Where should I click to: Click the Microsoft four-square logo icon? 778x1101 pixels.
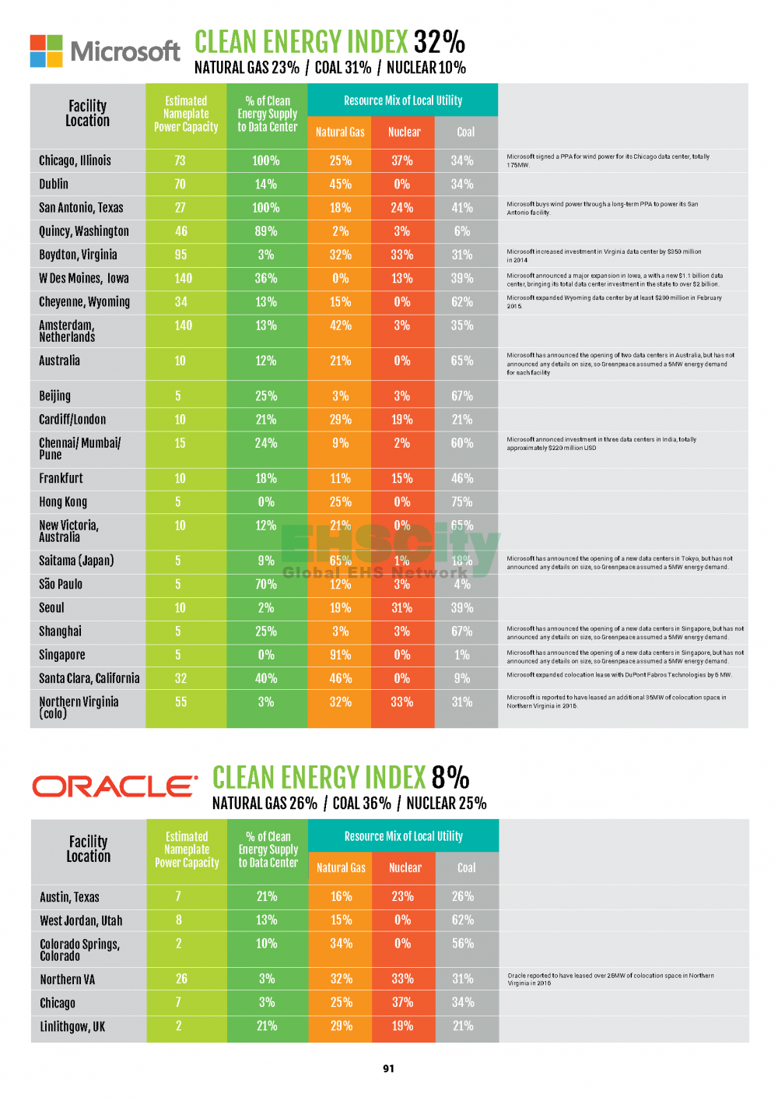pyautogui.click(x=47, y=51)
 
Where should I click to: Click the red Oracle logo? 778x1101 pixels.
pyautogui.click(x=114, y=786)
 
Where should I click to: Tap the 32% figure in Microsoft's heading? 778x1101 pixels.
pyautogui.click(x=439, y=41)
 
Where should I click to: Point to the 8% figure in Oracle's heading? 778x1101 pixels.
pyautogui.click(x=450, y=777)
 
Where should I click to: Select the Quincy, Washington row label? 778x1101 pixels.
pyautogui.click(x=84, y=231)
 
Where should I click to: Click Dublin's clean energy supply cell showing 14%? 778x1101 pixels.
pyautogui.click(x=266, y=185)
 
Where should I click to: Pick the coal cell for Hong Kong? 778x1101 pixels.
pyautogui.click(x=462, y=502)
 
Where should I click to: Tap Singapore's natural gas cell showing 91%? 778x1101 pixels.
pyautogui.click(x=340, y=655)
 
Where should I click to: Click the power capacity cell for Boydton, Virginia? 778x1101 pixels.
pyautogui.click(x=180, y=255)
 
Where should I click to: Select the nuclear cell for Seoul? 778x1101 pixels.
pyautogui.click(x=401, y=608)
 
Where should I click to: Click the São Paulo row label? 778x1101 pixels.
pyautogui.click(x=61, y=584)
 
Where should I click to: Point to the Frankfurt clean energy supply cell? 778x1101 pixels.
pyautogui.click(x=266, y=479)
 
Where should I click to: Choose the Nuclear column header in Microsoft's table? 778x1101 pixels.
pyautogui.click(x=404, y=132)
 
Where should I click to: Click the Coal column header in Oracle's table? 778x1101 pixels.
pyautogui.click(x=466, y=868)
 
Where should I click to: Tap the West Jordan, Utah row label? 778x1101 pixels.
pyautogui.click(x=81, y=920)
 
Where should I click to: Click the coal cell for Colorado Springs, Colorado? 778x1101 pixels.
pyautogui.click(x=463, y=944)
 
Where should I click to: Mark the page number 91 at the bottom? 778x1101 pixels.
pyautogui.click(x=388, y=1068)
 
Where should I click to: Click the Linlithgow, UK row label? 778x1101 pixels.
pyautogui.click(x=72, y=1026)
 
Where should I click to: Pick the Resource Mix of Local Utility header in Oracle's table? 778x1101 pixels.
pyautogui.click(x=403, y=836)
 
